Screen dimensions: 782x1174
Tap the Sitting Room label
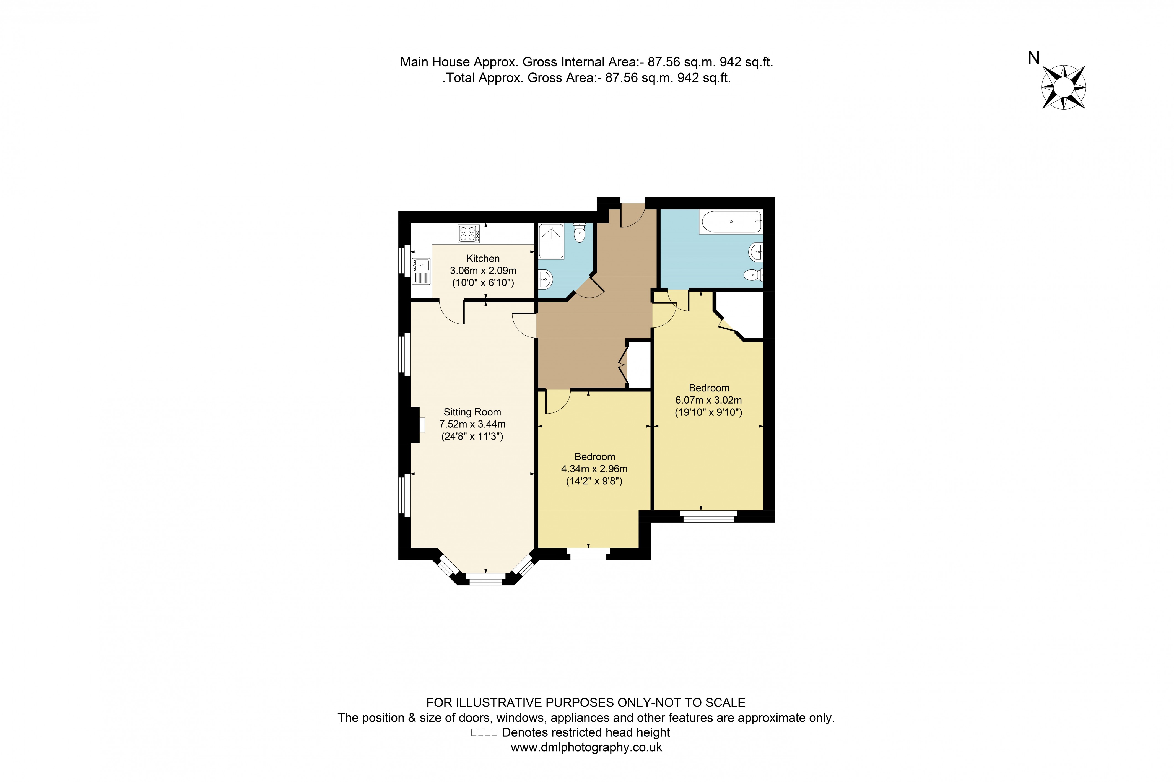coord(472,412)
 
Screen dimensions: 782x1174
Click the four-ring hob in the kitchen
coord(469,233)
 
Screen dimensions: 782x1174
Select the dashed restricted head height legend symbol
coord(484,733)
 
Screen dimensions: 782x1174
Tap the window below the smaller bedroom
coord(588,554)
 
